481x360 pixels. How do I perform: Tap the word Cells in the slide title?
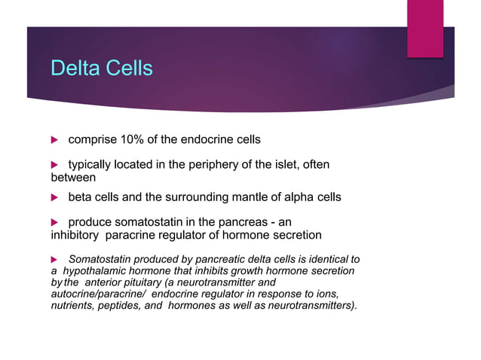[x=129, y=69]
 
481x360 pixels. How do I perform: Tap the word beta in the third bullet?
[x=81, y=197]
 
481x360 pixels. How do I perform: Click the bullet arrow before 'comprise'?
[x=54, y=140]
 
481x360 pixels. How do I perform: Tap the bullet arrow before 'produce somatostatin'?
[x=54, y=222]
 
